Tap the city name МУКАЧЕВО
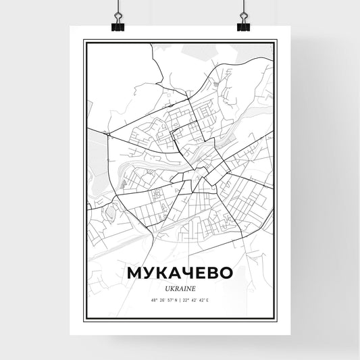click(180, 272)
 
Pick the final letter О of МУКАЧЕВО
click(225, 272)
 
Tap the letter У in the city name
click(150, 272)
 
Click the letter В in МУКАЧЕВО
click(211, 272)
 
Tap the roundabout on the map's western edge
click(108, 135)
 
